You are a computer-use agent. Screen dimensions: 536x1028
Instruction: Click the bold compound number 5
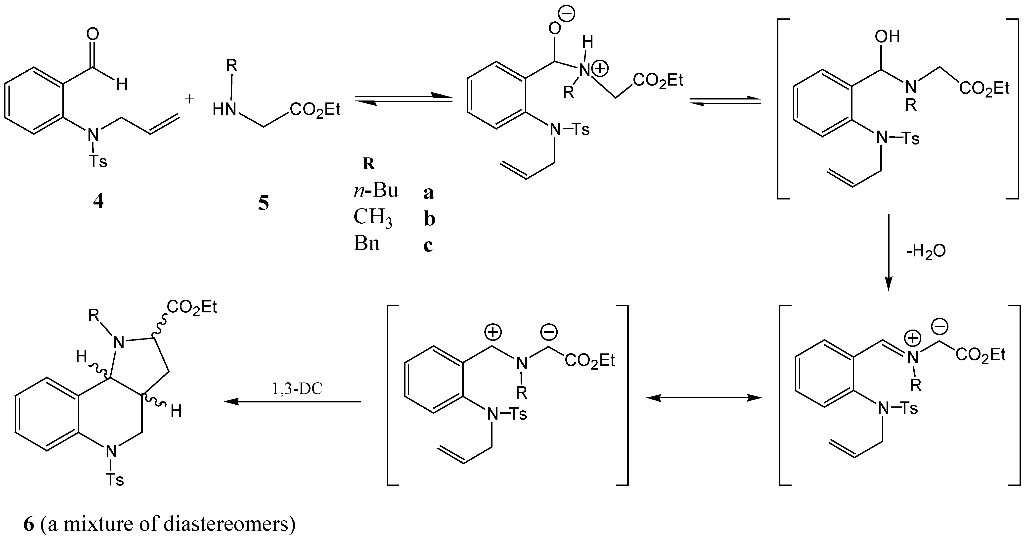(x=263, y=203)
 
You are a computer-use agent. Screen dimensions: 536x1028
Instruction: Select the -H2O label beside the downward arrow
(x=926, y=251)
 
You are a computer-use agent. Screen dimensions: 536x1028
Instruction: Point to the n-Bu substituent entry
(x=376, y=191)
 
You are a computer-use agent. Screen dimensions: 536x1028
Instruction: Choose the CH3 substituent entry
(x=373, y=218)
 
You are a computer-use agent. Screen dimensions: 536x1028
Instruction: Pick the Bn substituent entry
(x=366, y=243)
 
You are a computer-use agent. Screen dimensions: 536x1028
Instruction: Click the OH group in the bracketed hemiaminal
(x=887, y=37)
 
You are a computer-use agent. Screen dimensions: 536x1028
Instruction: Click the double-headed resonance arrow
(x=704, y=397)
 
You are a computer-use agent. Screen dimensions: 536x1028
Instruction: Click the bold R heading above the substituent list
(x=368, y=164)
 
